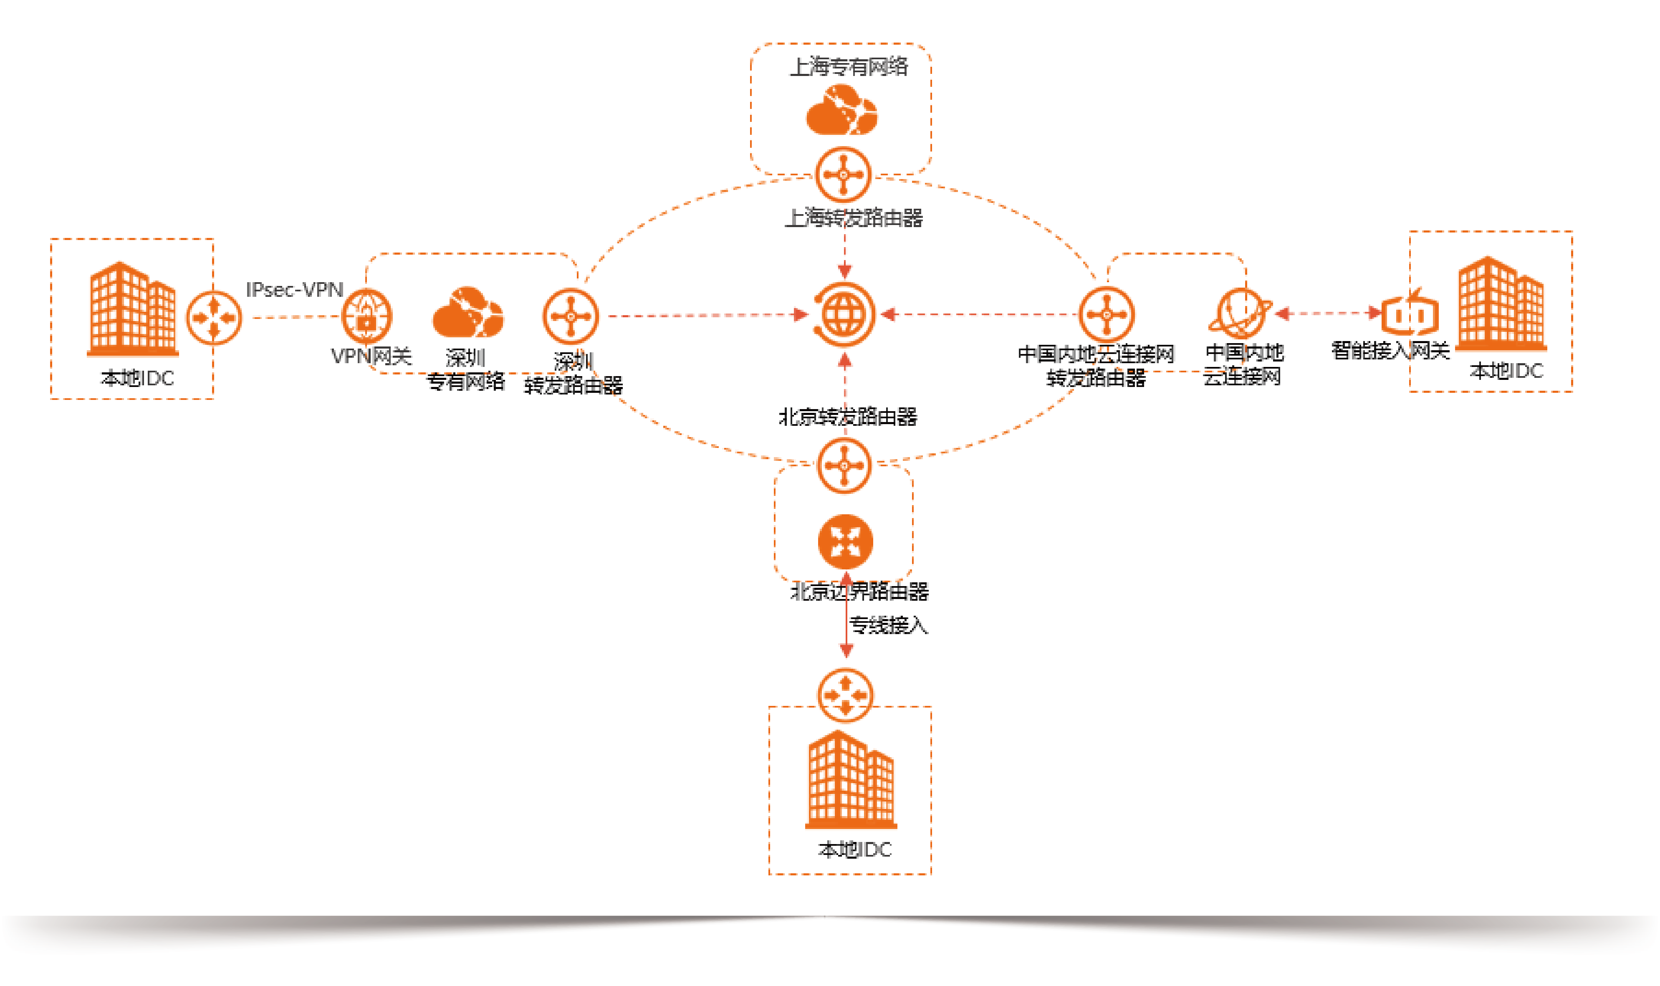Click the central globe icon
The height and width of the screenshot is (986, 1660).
tap(844, 314)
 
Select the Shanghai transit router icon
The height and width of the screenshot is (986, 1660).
tap(843, 175)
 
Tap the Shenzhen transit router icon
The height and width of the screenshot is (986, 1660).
tap(571, 316)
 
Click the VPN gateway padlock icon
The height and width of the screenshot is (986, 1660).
tap(366, 316)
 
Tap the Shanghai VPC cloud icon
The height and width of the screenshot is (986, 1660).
tap(841, 111)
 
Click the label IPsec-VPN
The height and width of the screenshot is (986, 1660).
tap(294, 290)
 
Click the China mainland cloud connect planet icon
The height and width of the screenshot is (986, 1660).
tap(1240, 313)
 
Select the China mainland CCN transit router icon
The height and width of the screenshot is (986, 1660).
tap(1107, 314)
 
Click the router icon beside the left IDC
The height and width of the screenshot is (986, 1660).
tap(214, 318)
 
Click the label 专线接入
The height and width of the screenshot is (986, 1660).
tap(888, 625)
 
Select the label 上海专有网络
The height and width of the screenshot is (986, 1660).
tap(848, 66)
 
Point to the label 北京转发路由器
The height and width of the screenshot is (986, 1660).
tap(848, 417)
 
